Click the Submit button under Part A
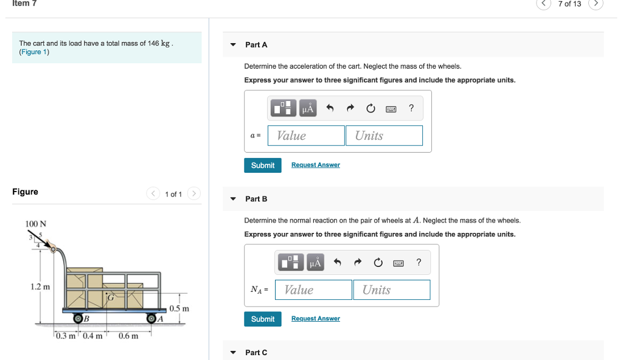(263, 165)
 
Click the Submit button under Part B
(263, 319)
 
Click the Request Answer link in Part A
(315, 165)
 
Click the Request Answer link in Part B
(315, 319)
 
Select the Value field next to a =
(306, 136)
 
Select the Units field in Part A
(384, 136)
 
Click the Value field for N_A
(313, 290)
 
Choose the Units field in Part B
(391, 290)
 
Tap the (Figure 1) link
(34, 52)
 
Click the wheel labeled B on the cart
(78, 318)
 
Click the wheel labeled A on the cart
(152, 318)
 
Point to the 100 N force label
(36, 224)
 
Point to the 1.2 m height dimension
(41, 286)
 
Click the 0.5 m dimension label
(179, 308)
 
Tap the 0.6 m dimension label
(128, 336)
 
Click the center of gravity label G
(111, 297)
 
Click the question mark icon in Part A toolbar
(411, 108)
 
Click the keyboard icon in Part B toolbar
(398, 263)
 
